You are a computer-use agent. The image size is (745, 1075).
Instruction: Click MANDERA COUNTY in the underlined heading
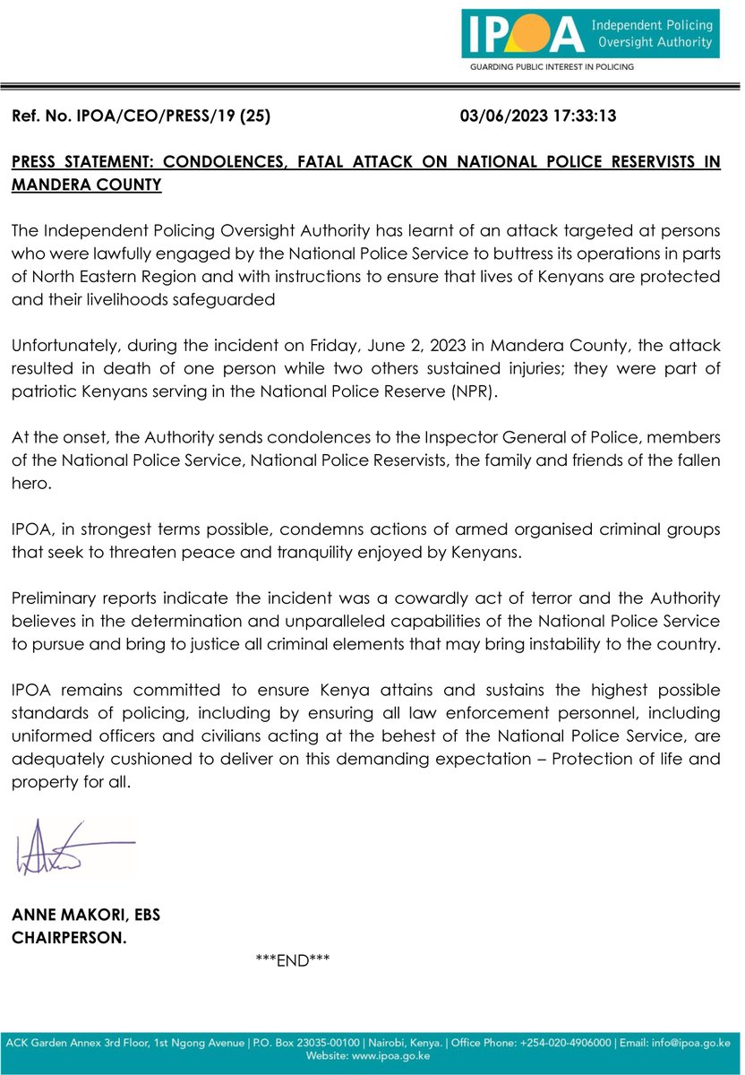pyautogui.click(x=86, y=185)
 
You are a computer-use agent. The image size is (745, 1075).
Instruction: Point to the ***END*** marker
pyautogui.click(x=294, y=960)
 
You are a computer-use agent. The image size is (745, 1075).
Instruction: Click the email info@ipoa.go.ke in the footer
pyautogui.click(x=690, y=1043)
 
